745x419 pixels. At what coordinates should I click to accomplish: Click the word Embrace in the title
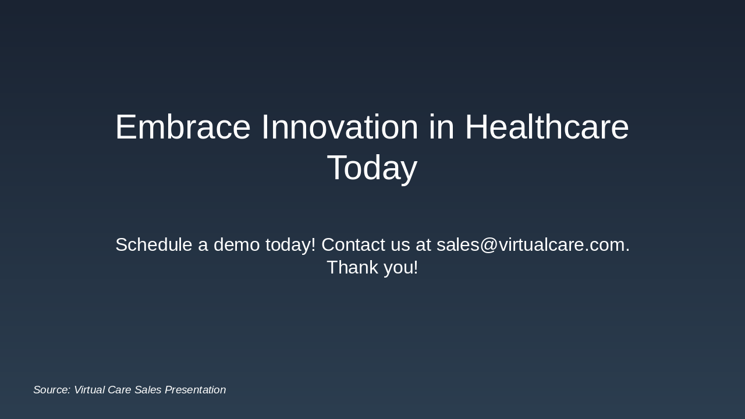pyautogui.click(x=183, y=127)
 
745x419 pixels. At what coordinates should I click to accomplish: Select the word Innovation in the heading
pyautogui.click(x=339, y=127)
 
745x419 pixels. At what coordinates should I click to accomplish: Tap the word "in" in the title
pyautogui.click(x=441, y=127)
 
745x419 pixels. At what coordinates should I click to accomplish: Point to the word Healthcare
pyautogui.click(x=547, y=127)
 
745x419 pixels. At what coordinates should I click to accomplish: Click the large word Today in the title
pyautogui.click(x=372, y=168)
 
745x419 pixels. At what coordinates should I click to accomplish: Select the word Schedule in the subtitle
pyautogui.click(x=154, y=245)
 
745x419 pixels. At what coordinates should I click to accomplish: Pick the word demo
pyautogui.click(x=236, y=245)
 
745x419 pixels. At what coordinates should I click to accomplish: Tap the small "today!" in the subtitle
pyautogui.click(x=290, y=246)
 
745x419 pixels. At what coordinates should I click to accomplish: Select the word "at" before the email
pyautogui.click(x=423, y=246)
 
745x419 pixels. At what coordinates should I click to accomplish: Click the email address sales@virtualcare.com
pyautogui.click(x=533, y=246)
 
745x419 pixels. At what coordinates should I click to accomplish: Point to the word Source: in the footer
pyautogui.click(x=52, y=390)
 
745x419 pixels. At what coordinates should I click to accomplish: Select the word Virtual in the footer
pyautogui.click(x=90, y=390)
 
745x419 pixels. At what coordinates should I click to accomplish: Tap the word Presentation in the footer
pyautogui.click(x=195, y=390)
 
